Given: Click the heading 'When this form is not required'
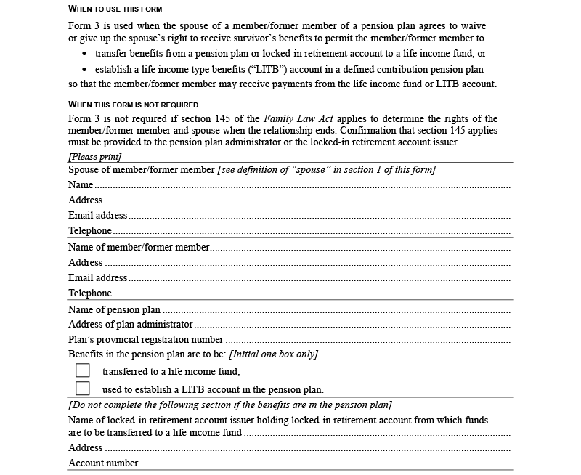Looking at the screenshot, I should pyautogui.click(x=134, y=105).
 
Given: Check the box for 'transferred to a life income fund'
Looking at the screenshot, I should pyautogui.click(x=83, y=370).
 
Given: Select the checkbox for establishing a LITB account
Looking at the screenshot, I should pyautogui.click(x=83, y=389).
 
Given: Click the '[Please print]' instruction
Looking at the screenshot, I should pyautogui.click(x=95, y=157).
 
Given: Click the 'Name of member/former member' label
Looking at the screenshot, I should pyautogui.click(x=139, y=248).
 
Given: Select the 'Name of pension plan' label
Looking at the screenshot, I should pyautogui.click(x=114, y=310).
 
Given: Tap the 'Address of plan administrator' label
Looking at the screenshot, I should pyautogui.click(x=131, y=325).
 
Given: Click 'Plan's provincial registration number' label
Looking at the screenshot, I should pyautogui.click(x=146, y=340).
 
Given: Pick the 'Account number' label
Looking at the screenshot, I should pyautogui.click(x=103, y=463).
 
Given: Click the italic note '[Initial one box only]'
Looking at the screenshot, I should pyautogui.click(x=273, y=354).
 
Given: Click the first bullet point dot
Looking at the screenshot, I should pyautogui.click(x=85, y=54).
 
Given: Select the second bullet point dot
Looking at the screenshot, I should pyautogui.click(x=85, y=70).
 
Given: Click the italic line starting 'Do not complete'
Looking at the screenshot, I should pyautogui.click(x=230, y=405).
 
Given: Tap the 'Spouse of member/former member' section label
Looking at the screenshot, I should pyautogui.click(x=142, y=170).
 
